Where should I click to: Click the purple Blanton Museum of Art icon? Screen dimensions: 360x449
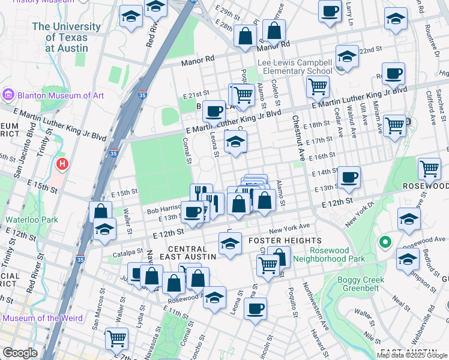(8, 95)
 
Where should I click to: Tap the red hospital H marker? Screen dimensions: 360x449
(61, 164)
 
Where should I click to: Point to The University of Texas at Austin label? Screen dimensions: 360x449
(66, 37)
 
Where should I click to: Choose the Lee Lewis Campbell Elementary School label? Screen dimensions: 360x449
(294, 67)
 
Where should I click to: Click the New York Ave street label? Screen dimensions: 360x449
(289, 229)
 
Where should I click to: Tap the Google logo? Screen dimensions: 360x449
(20, 353)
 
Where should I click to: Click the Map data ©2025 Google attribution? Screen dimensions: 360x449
(412, 355)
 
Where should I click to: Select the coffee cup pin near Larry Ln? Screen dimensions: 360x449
(330, 11)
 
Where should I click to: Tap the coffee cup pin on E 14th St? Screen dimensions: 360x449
(349, 176)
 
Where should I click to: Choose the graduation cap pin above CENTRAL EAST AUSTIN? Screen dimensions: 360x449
(231, 244)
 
